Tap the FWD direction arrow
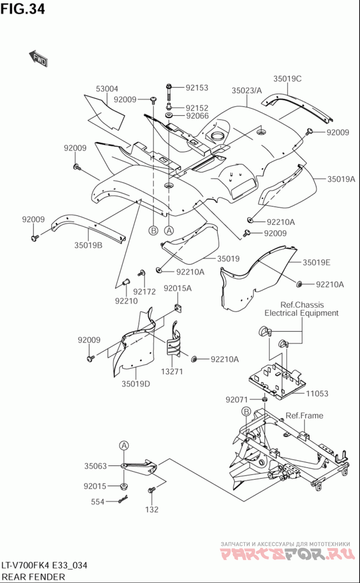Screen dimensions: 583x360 pos(38,58)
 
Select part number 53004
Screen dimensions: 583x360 pos(107,89)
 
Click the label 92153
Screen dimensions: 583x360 pos(197,88)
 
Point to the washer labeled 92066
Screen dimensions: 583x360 pos(170,117)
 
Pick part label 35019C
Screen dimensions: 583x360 pos(287,78)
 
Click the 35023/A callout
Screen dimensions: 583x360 pos(247,90)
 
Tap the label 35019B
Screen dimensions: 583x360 pos(88,245)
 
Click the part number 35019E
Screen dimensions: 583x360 pos(316,262)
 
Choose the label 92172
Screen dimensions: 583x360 pos(144,291)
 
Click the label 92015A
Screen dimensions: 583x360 pos(177,288)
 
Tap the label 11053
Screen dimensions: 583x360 pos(317,394)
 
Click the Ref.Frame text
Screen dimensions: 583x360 pos(304,416)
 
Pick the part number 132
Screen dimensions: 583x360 pos(152,510)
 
